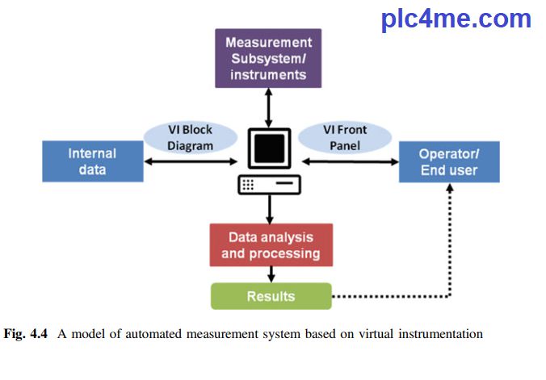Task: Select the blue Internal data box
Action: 92,161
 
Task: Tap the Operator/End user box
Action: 448,161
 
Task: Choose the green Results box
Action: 271,296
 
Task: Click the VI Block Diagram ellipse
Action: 180,138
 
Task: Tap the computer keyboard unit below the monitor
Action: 269,185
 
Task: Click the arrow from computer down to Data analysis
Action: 269,210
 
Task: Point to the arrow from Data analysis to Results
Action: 269,274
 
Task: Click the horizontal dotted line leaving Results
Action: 388,296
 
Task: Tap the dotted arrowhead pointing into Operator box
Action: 450,190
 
